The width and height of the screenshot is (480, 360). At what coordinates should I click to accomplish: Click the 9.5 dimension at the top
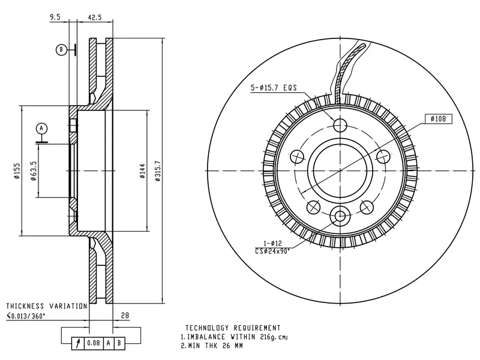click(x=55, y=17)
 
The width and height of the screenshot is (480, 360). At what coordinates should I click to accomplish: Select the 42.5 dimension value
click(x=95, y=17)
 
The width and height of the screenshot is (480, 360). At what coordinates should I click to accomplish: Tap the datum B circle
click(x=61, y=50)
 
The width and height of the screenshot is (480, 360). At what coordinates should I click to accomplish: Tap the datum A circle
click(x=41, y=128)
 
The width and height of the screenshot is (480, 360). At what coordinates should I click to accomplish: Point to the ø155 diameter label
click(x=17, y=171)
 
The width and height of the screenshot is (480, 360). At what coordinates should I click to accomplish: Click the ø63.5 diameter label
click(x=34, y=171)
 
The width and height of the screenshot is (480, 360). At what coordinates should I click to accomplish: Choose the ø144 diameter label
click(x=142, y=171)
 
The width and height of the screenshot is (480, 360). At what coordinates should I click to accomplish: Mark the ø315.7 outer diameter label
click(x=158, y=171)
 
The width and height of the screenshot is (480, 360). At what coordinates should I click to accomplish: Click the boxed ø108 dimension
click(x=439, y=118)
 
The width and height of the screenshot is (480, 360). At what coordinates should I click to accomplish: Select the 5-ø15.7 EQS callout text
click(x=274, y=88)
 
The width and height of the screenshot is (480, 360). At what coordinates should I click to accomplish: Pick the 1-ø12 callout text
click(x=272, y=244)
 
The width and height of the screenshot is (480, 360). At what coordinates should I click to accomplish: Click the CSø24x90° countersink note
click(x=272, y=251)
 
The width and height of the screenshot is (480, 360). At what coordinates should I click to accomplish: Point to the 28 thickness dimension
click(x=125, y=315)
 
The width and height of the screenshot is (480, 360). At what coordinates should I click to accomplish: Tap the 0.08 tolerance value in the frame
click(x=94, y=343)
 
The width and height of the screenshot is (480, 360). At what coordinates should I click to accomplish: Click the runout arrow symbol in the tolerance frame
click(x=78, y=343)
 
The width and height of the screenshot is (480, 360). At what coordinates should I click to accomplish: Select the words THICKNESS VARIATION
click(x=47, y=306)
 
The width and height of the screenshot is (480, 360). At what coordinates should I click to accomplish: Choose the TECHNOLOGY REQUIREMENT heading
click(x=233, y=328)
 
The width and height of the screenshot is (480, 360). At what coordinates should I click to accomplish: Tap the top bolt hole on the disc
click(x=340, y=125)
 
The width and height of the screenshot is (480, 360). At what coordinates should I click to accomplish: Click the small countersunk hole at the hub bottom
click(x=340, y=216)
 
